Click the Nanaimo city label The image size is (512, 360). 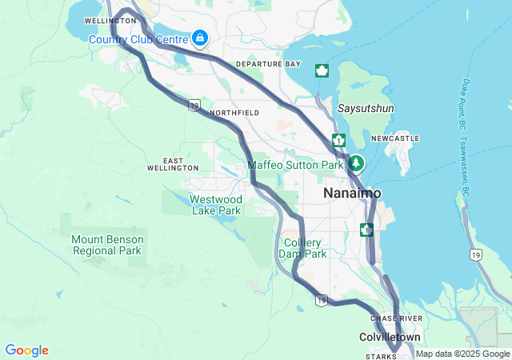(x=352, y=194)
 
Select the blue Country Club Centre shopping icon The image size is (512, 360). (x=199, y=38)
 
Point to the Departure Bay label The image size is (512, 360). (x=268, y=64)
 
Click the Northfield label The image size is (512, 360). (x=234, y=114)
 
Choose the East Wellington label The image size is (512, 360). (x=173, y=164)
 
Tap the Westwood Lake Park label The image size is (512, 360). (x=216, y=205)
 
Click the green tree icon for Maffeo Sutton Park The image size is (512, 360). (x=355, y=164)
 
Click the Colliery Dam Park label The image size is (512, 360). (x=302, y=248)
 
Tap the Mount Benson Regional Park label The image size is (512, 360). (x=107, y=245)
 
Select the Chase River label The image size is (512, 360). (x=390, y=318)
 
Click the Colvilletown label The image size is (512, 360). (x=390, y=338)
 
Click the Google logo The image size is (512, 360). (x=26, y=350)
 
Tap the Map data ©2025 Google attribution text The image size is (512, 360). (x=462, y=354)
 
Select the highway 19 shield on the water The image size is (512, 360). (x=476, y=255)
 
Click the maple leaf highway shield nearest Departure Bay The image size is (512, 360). (x=322, y=70)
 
